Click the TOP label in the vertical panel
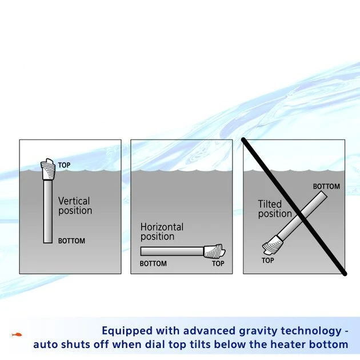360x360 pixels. [64, 165]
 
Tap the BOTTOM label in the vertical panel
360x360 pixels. [71, 241]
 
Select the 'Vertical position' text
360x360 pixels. [75, 206]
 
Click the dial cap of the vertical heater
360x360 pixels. [48, 169]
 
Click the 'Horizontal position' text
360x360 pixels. [162, 231]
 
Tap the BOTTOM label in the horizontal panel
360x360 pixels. [153, 264]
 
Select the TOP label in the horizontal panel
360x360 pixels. [218, 264]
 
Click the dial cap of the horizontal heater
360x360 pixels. [214, 251]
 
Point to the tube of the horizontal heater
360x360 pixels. [171, 251]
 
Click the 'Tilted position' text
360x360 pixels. [274, 209]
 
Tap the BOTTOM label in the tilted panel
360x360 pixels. [326, 186]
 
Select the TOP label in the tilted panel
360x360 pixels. [268, 261]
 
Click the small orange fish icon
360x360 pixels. [17, 334]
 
